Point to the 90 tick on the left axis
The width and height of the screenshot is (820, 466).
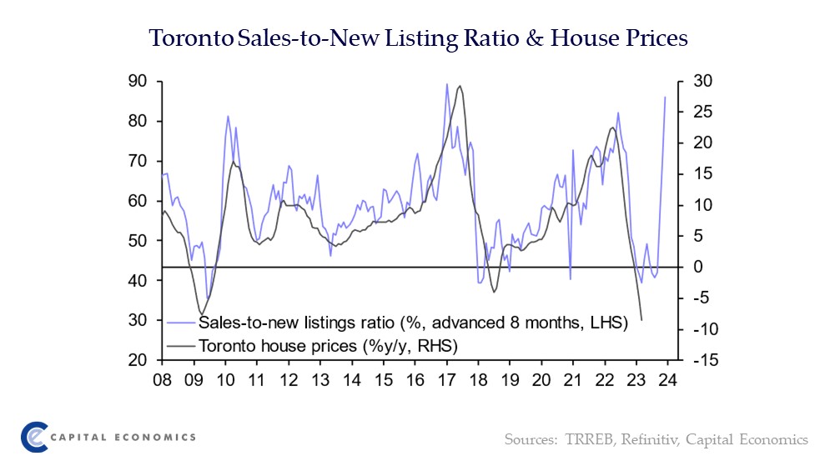[137, 81]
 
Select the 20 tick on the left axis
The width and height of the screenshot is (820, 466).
[137, 360]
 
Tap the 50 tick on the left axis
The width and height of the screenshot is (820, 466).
[137, 241]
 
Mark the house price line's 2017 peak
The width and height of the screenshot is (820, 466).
[460, 86]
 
